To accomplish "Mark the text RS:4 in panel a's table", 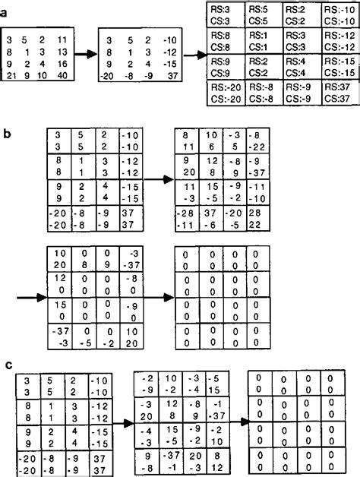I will point(295,62).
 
